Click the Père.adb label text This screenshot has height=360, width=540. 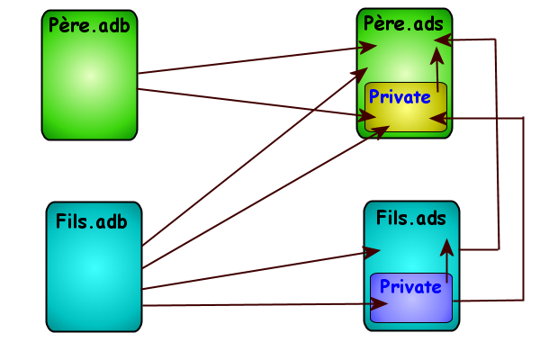[x=90, y=25]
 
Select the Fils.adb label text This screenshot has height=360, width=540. [x=92, y=220]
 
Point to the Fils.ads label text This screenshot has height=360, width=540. [x=411, y=218]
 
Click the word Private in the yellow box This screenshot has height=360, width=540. [x=400, y=97]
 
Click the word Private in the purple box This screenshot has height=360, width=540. [x=410, y=286]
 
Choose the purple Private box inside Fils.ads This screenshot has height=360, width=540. [x=409, y=306]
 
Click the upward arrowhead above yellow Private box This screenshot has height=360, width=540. [x=437, y=55]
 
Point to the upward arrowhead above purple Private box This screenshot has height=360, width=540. [x=446, y=244]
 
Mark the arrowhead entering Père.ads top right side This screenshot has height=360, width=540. [x=453, y=38]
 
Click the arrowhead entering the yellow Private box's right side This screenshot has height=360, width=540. [x=452, y=118]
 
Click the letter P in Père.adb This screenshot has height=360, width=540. [x=55, y=25]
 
